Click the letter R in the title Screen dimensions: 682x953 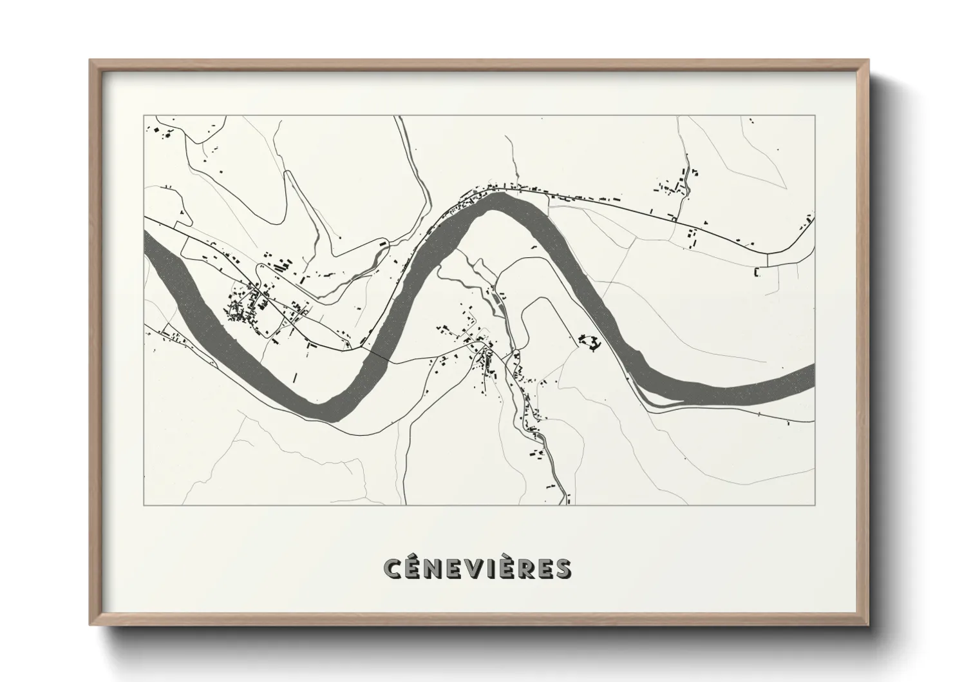point(542,569)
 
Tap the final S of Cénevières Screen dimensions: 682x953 point(561,569)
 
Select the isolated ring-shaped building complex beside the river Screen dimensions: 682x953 point(589,342)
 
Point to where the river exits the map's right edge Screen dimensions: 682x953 point(813,377)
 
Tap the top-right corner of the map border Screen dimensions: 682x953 point(815,115)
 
